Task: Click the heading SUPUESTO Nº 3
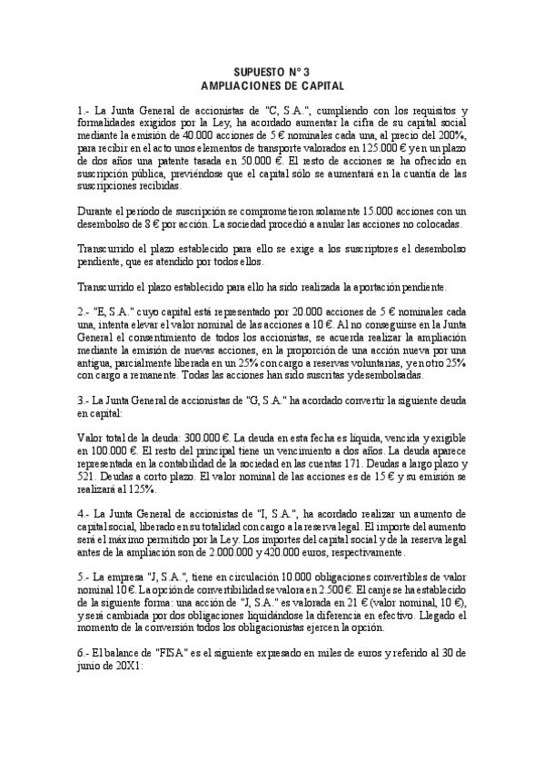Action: [x=272, y=70]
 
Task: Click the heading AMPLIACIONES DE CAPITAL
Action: [x=272, y=83]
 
